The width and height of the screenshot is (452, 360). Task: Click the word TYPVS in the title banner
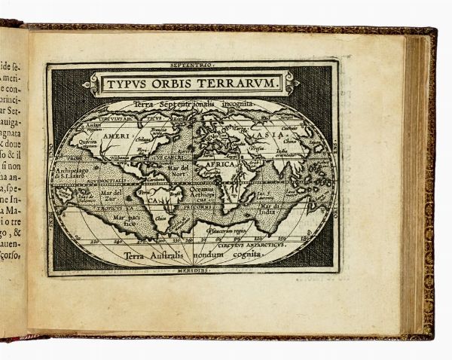(x=124, y=83)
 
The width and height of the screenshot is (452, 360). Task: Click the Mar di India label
(x=267, y=207)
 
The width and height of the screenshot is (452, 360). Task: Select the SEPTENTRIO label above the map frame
(x=191, y=66)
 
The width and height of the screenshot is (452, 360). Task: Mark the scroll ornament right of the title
(x=291, y=83)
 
